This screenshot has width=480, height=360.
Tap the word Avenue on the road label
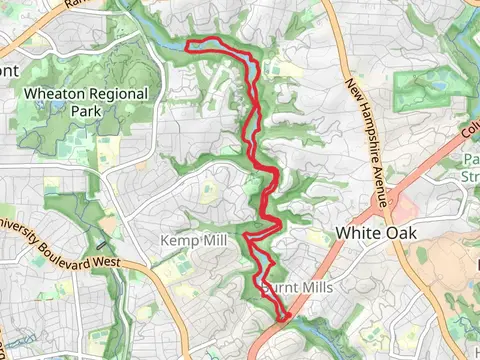click(378, 181)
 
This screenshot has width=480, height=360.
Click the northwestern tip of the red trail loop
click(188, 43)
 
